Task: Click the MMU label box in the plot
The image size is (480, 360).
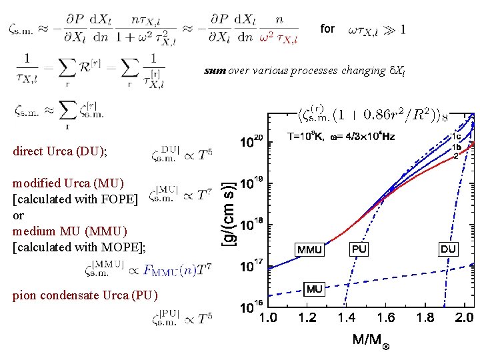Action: click(309, 250)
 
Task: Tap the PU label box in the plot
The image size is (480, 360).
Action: click(359, 249)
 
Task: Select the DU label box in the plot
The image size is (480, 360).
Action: click(448, 249)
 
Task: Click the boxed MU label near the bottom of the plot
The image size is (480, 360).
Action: click(315, 289)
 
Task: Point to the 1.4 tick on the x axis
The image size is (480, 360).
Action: click(347, 318)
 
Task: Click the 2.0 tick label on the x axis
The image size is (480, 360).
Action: click(464, 318)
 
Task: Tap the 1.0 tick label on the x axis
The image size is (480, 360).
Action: click(268, 318)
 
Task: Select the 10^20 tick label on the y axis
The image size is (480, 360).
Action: click(253, 142)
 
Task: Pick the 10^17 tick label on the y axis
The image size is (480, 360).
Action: click(253, 267)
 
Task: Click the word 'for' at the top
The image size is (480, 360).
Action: click(327, 29)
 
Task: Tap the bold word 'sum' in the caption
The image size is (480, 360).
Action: click(215, 71)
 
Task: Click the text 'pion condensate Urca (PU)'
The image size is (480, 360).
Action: click(85, 295)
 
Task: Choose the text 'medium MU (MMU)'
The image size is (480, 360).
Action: click(70, 231)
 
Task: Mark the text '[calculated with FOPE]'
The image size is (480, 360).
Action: click(75, 199)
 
